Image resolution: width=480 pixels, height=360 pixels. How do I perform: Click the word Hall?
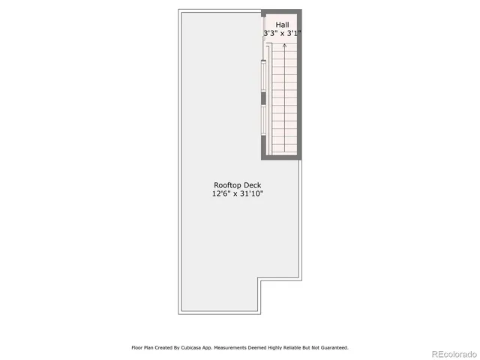pos(282,25)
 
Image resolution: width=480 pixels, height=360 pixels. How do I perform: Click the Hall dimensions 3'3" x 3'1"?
pos(283,34)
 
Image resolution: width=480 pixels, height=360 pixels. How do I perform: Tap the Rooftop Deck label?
pos(237,185)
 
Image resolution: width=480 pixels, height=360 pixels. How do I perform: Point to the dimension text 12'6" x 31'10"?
pos(237,194)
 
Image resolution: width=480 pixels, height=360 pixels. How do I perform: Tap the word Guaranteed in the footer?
pos(331,348)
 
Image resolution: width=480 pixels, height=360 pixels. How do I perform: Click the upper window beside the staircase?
pos(262,76)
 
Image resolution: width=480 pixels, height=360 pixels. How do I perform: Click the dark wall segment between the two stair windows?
pos(262,98)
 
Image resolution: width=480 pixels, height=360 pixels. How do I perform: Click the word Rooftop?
pos(227,185)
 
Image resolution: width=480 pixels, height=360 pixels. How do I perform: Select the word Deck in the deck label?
pos(251,185)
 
